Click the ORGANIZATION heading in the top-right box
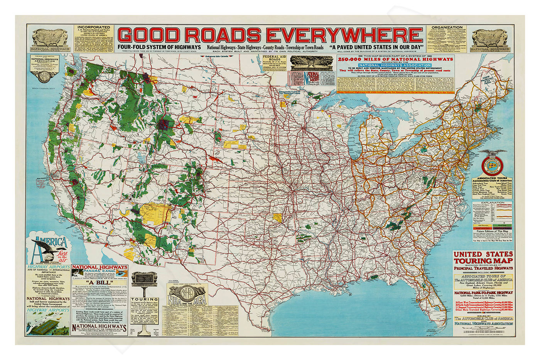tap(447, 28)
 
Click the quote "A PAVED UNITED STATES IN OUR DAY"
tap(376, 47)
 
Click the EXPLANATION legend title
tap(493, 202)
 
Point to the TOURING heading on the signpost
tap(144, 299)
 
